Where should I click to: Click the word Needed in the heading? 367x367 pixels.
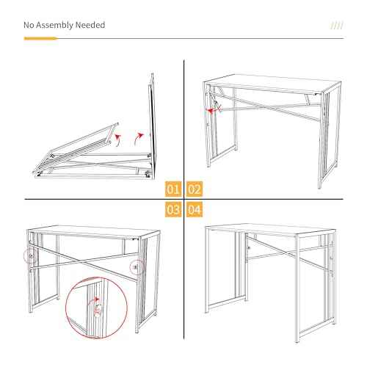pos(90,26)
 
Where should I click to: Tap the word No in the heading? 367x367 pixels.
pos(29,26)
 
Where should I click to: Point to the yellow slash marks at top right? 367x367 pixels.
pos(337,25)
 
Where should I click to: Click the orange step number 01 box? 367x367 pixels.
pos(173,188)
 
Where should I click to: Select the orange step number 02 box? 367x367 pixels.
pos(195,188)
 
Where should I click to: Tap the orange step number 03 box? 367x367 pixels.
pos(173,210)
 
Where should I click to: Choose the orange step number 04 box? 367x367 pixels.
pos(195,210)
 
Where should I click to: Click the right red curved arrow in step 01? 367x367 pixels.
pos(139,137)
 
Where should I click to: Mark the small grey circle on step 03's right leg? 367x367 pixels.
pos(135,267)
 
